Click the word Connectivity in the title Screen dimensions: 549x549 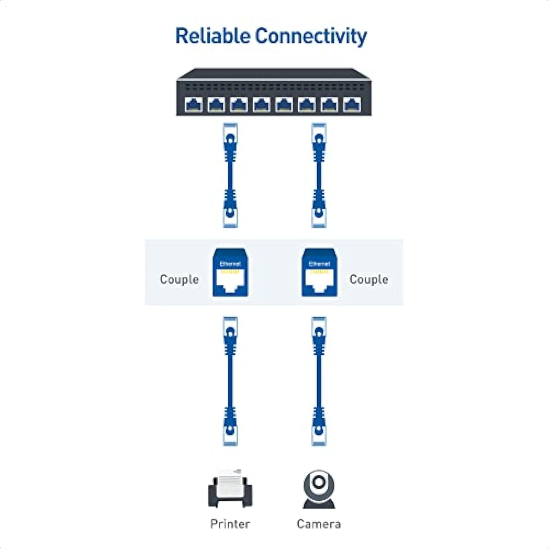(x=311, y=37)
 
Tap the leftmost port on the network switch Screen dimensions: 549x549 (x=194, y=105)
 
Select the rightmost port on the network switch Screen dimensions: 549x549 (x=352, y=105)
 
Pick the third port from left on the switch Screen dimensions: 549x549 (x=239, y=105)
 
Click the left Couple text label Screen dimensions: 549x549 (x=179, y=279)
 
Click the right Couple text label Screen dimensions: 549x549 (x=369, y=279)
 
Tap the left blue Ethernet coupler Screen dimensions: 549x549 (x=230, y=272)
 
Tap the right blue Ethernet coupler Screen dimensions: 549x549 (x=319, y=272)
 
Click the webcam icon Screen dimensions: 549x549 (x=319, y=489)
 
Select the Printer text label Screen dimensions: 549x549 (x=230, y=524)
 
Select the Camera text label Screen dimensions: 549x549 (x=319, y=524)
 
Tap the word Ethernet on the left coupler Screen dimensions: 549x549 (x=230, y=264)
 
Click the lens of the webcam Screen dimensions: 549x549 (x=319, y=482)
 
